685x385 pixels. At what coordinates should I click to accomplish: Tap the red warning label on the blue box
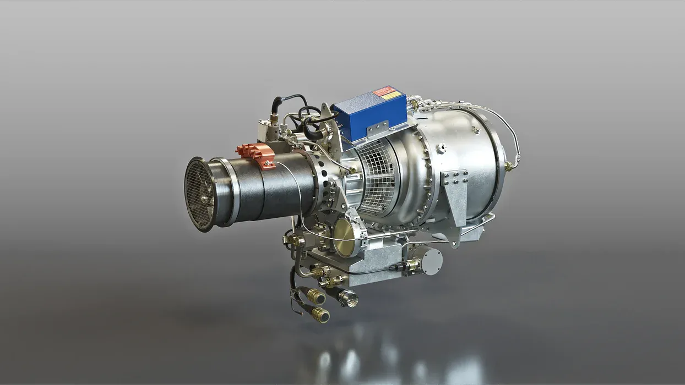384,91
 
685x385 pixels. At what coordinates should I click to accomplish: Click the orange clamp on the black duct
257,153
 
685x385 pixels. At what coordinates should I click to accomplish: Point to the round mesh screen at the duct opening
200,194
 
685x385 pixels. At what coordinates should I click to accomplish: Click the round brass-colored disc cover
345,237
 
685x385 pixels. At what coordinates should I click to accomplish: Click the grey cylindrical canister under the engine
429,260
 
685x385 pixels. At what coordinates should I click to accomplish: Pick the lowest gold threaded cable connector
320,315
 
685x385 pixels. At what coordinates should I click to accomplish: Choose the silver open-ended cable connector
347,299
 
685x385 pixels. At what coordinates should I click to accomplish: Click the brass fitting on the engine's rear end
509,166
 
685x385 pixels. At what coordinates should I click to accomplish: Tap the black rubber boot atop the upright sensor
277,104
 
